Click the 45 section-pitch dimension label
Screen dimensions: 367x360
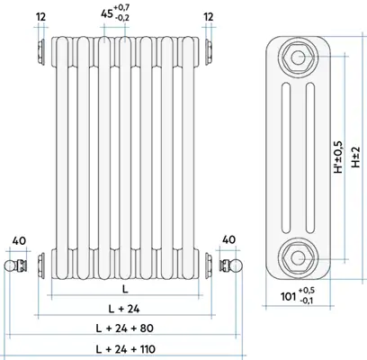pos(115,13)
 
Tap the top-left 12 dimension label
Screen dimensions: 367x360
pos(41,17)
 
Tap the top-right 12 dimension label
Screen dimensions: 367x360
pos(209,17)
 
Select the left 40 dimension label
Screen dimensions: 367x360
pos(19,240)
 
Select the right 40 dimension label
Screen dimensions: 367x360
pos(229,240)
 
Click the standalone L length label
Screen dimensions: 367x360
pos(125,289)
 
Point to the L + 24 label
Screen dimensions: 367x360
pos(124,309)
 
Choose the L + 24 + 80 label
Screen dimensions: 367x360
pos(124,328)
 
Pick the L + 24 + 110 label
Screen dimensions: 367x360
pos(125,349)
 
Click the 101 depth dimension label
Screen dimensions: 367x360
pos(298,295)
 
